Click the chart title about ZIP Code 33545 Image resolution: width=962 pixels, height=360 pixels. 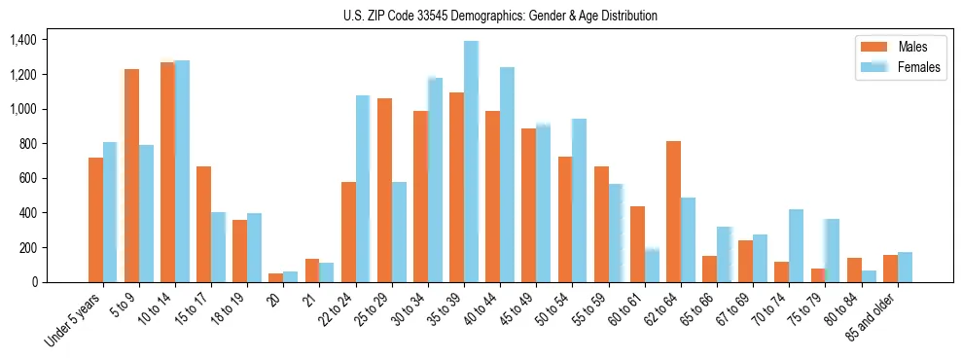pyautogui.click(x=500, y=16)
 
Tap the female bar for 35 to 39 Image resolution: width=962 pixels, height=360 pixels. pyautogui.click(x=471, y=162)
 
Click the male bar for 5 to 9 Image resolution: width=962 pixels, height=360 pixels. pyautogui.click(x=131, y=175)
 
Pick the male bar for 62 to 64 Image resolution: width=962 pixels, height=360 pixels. pyautogui.click(x=673, y=211)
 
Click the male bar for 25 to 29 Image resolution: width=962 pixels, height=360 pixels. pyautogui.click(x=384, y=190)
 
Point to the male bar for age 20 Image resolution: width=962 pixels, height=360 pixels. pyautogui.click(x=276, y=277)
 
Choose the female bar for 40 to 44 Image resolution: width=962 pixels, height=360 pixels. pyautogui.click(x=507, y=175)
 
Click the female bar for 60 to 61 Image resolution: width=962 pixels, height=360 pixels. pyautogui.click(x=652, y=266)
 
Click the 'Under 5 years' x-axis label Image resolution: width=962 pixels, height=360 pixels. pyautogui.click(x=73, y=321)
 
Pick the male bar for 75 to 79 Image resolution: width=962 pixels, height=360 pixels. pyautogui.click(x=818, y=275)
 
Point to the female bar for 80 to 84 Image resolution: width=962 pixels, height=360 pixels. pyautogui.click(x=869, y=276)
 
